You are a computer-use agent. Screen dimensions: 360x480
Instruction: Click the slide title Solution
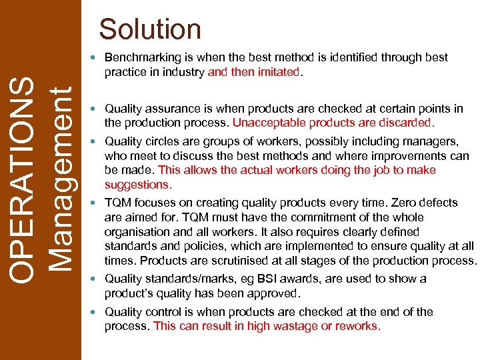coord(150,29)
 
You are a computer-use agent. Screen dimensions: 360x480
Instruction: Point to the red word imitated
coord(279,72)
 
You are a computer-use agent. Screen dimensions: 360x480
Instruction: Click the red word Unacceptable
coord(265,123)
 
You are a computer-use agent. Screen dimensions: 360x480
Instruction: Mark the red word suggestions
coord(138,185)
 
